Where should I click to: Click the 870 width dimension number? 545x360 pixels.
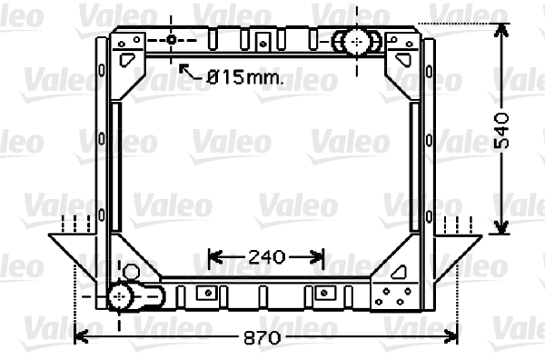263,336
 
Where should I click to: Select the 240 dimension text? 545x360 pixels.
266,257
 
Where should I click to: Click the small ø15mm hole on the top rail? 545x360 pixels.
172,40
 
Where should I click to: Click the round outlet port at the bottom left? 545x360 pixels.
122,296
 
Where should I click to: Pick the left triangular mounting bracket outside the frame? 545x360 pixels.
71,255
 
